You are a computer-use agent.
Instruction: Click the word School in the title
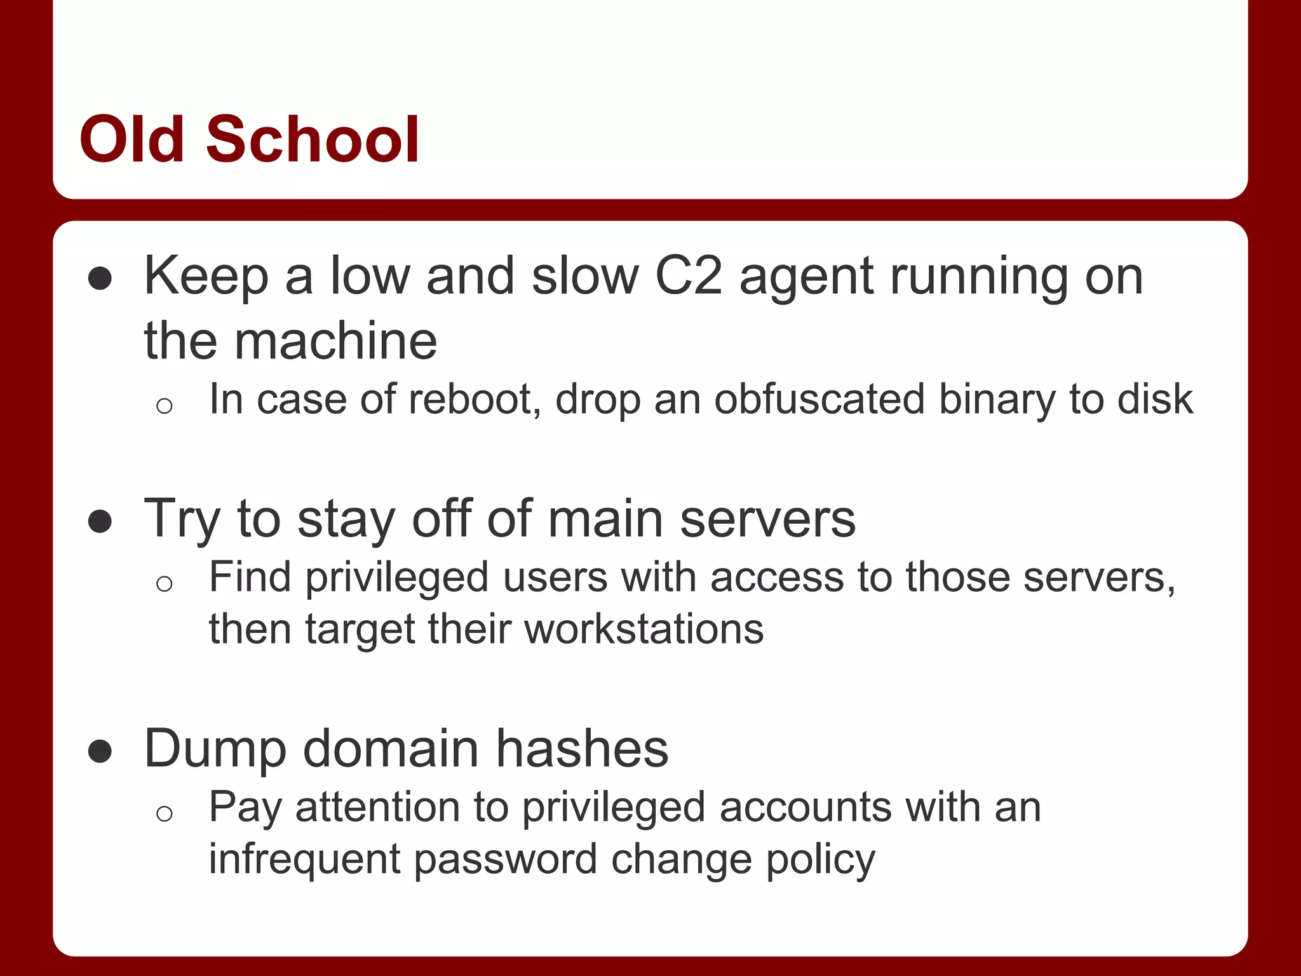312,139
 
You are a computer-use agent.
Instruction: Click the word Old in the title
131,139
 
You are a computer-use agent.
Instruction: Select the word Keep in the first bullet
206,278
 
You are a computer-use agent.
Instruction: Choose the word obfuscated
819,400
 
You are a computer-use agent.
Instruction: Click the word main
605,519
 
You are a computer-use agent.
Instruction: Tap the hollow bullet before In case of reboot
165,405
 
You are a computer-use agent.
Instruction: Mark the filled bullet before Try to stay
100,521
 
